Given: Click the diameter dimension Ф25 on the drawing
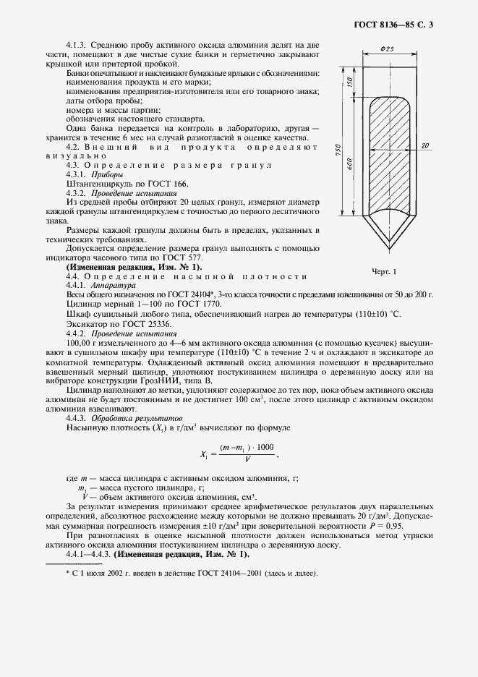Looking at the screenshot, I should click(x=385, y=48).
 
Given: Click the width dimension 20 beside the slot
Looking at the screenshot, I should click(x=424, y=145).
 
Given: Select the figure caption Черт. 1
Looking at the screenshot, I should click(x=385, y=271).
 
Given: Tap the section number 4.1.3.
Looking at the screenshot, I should click(x=75, y=45).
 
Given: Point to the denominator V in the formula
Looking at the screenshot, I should click(x=247, y=460).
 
